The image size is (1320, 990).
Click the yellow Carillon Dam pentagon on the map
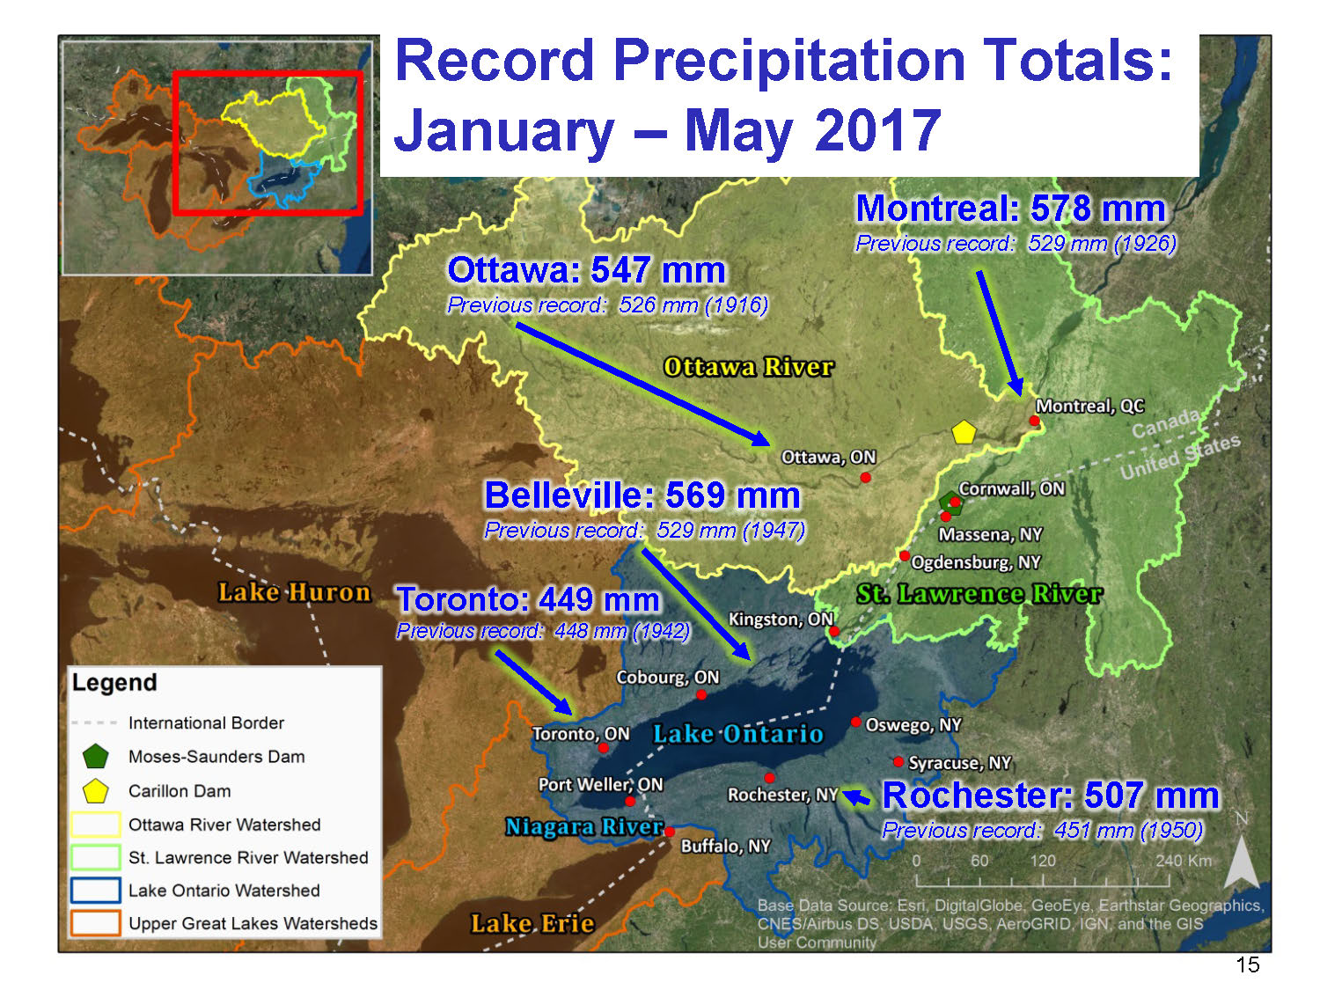pos(964,432)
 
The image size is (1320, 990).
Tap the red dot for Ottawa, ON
pos(865,477)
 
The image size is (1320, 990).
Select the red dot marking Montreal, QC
pos(1034,420)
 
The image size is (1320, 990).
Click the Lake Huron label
pos(294,592)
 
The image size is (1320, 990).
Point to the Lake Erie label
pos(532,922)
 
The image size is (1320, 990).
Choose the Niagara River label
pos(584,827)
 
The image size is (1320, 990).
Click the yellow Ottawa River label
pos(748,367)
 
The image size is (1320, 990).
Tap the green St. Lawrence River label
pos(979,594)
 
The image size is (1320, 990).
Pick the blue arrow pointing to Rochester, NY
pos(856,797)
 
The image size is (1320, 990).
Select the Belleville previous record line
pos(645,530)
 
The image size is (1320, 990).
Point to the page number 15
pos(1247,964)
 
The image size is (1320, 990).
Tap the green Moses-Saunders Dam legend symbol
pos(96,756)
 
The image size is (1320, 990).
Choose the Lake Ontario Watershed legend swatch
pos(96,891)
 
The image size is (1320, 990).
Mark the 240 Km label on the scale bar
pos(1184,860)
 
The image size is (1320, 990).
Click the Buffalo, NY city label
pos(725,847)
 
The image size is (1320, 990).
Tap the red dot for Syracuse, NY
pos(898,761)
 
